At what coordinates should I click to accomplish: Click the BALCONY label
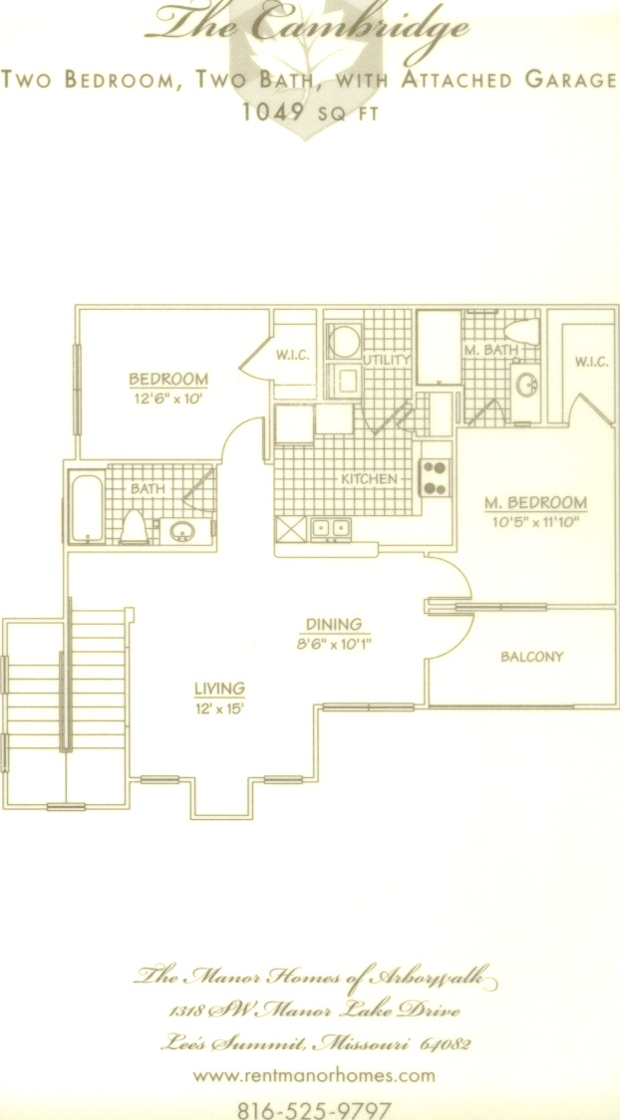532,657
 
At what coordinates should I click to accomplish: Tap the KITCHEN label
369,478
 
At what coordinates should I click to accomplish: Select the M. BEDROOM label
536,503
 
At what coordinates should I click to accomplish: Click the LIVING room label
220,689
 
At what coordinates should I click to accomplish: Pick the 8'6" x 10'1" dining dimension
334,643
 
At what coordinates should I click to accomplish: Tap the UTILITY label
387,359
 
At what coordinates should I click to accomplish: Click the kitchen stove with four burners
435,477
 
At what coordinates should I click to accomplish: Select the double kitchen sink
330,529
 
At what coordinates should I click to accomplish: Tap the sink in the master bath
529,387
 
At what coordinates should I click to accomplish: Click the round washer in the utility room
344,342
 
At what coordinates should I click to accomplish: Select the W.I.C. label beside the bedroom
293,356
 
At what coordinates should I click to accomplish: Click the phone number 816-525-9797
314,1109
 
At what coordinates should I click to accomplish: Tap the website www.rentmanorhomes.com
314,1075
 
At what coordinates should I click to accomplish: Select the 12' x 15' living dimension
220,709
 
